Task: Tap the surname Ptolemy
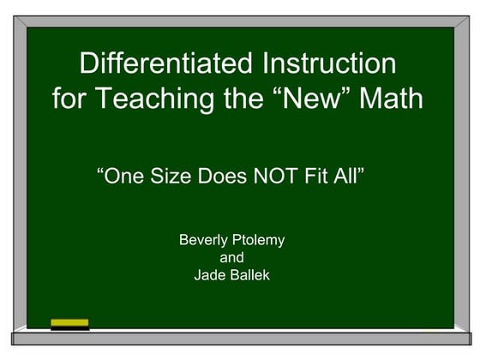click(258, 241)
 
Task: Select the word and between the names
click(231, 258)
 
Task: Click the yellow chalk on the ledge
click(69, 323)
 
